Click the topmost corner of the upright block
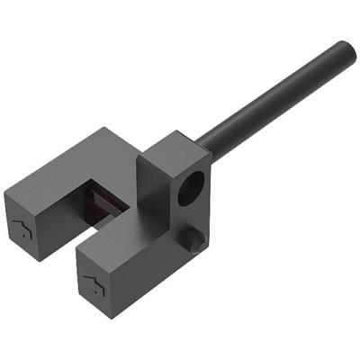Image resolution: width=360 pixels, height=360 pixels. pos(178,132)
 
